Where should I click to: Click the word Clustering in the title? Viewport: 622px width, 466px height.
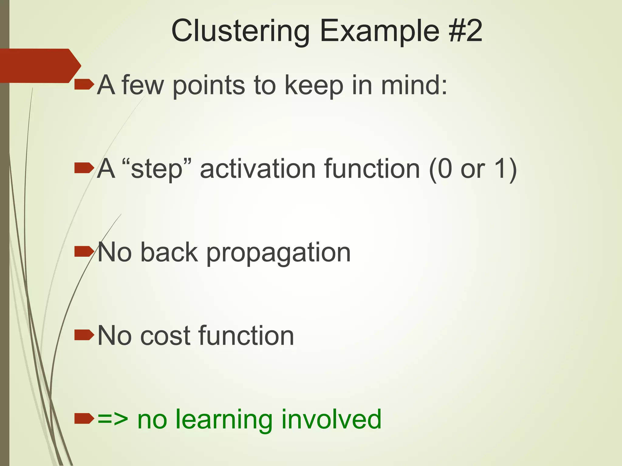240,31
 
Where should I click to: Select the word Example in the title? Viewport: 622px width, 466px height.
379,31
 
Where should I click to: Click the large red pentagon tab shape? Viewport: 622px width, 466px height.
38,66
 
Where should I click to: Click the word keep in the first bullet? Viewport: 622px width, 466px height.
314,85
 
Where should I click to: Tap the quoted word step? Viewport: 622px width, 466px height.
157,169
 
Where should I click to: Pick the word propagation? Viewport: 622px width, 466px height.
278,253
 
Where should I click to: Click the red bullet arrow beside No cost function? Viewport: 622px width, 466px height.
84,335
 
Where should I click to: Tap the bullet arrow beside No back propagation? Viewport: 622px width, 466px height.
84,252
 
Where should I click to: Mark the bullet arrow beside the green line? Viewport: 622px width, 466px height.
84,419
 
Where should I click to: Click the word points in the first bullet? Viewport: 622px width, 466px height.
208,86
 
